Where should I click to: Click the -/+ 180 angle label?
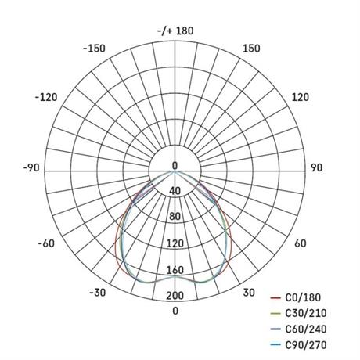(175, 31)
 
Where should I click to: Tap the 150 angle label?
(251, 49)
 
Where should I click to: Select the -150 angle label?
(94, 49)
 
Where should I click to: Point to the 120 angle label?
(301, 97)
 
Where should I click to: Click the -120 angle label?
(46, 97)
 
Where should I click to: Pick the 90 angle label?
(316, 167)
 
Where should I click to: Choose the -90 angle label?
(31, 167)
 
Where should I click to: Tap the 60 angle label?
(301, 243)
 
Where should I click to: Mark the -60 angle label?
(46, 243)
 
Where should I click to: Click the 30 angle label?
(249, 293)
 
